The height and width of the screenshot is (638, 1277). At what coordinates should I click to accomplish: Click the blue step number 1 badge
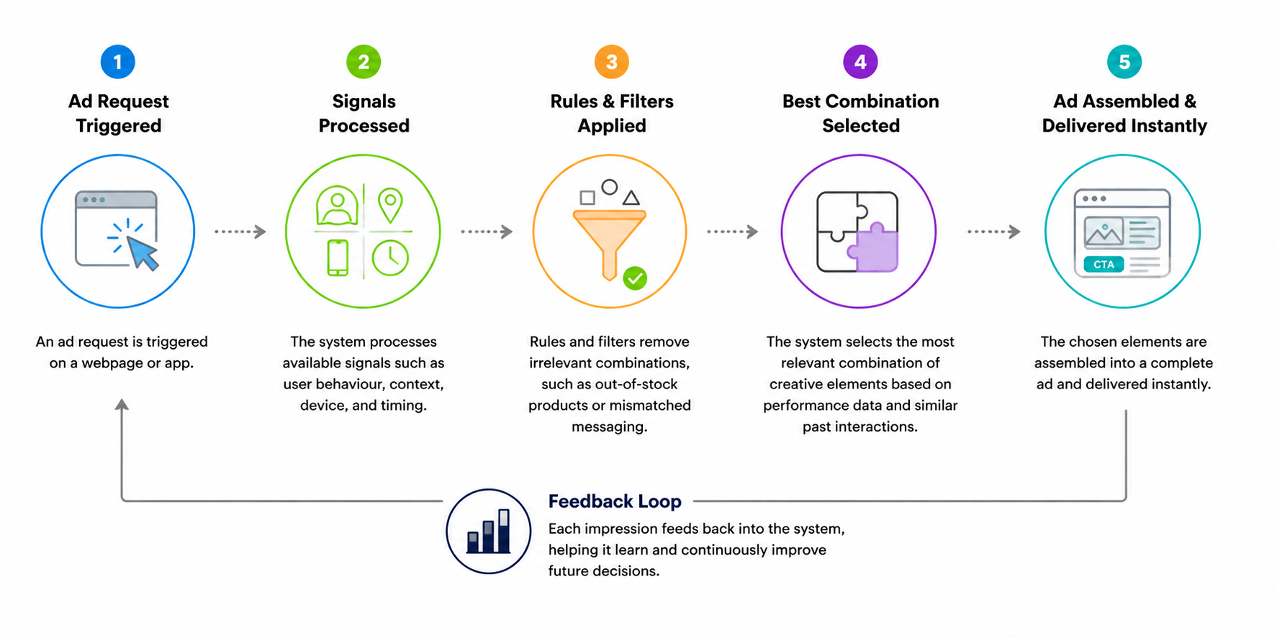coord(118,62)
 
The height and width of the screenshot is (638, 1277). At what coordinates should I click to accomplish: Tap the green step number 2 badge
coord(364,62)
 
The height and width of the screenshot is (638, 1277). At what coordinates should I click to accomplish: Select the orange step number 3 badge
coord(612,62)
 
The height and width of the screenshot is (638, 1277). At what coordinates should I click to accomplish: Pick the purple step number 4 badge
coord(860,62)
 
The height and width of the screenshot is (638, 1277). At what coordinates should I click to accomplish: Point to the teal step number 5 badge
coord(1124,62)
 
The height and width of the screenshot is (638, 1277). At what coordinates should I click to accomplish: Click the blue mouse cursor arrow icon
coord(143,252)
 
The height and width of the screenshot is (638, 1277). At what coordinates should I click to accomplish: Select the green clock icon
coord(390,257)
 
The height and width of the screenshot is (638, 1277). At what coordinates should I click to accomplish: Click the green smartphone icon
coord(338,258)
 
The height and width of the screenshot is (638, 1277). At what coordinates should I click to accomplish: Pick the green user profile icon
coord(337,205)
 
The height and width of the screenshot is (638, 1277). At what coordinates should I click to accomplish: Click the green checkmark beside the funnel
coord(635,278)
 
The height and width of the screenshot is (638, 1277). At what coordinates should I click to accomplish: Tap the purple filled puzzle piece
coord(873,247)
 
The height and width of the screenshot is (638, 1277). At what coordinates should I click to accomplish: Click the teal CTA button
coord(1104,265)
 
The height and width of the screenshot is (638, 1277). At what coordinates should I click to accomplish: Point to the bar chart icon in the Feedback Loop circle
coord(489,532)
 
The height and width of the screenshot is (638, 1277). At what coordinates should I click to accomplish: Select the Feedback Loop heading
coord(615,501)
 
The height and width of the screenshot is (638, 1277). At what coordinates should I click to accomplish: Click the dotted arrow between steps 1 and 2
coord(240,232)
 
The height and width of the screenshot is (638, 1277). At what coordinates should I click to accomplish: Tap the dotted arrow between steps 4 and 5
coord(994,232)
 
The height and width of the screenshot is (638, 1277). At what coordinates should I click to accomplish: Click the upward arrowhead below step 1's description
coord(122,405)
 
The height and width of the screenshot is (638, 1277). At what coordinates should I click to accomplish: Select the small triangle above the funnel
coord(631,197)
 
